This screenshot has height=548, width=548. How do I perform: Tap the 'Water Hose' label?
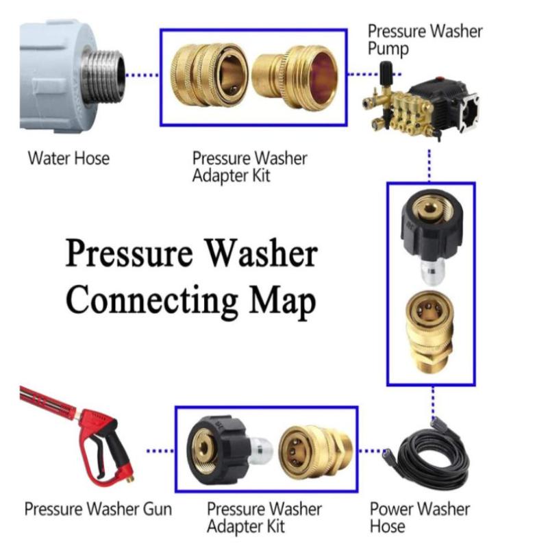(x=68, y=158)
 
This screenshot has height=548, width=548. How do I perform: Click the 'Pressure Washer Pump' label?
(x=425, y=40)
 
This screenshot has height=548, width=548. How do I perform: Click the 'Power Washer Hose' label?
(x=419, y=517)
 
